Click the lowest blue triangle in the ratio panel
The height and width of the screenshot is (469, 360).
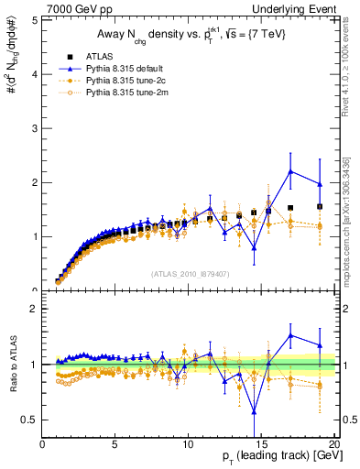coord(254,410)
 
